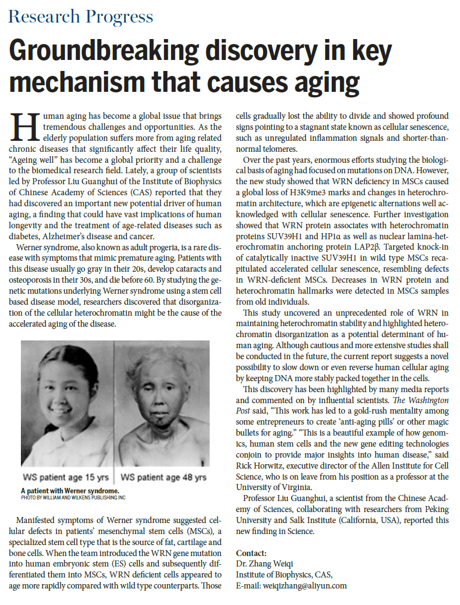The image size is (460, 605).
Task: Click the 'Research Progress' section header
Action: point(80,16)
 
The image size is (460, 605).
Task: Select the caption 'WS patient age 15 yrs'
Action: point(65,477)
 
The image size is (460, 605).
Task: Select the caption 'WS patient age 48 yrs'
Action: point(163,477)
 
